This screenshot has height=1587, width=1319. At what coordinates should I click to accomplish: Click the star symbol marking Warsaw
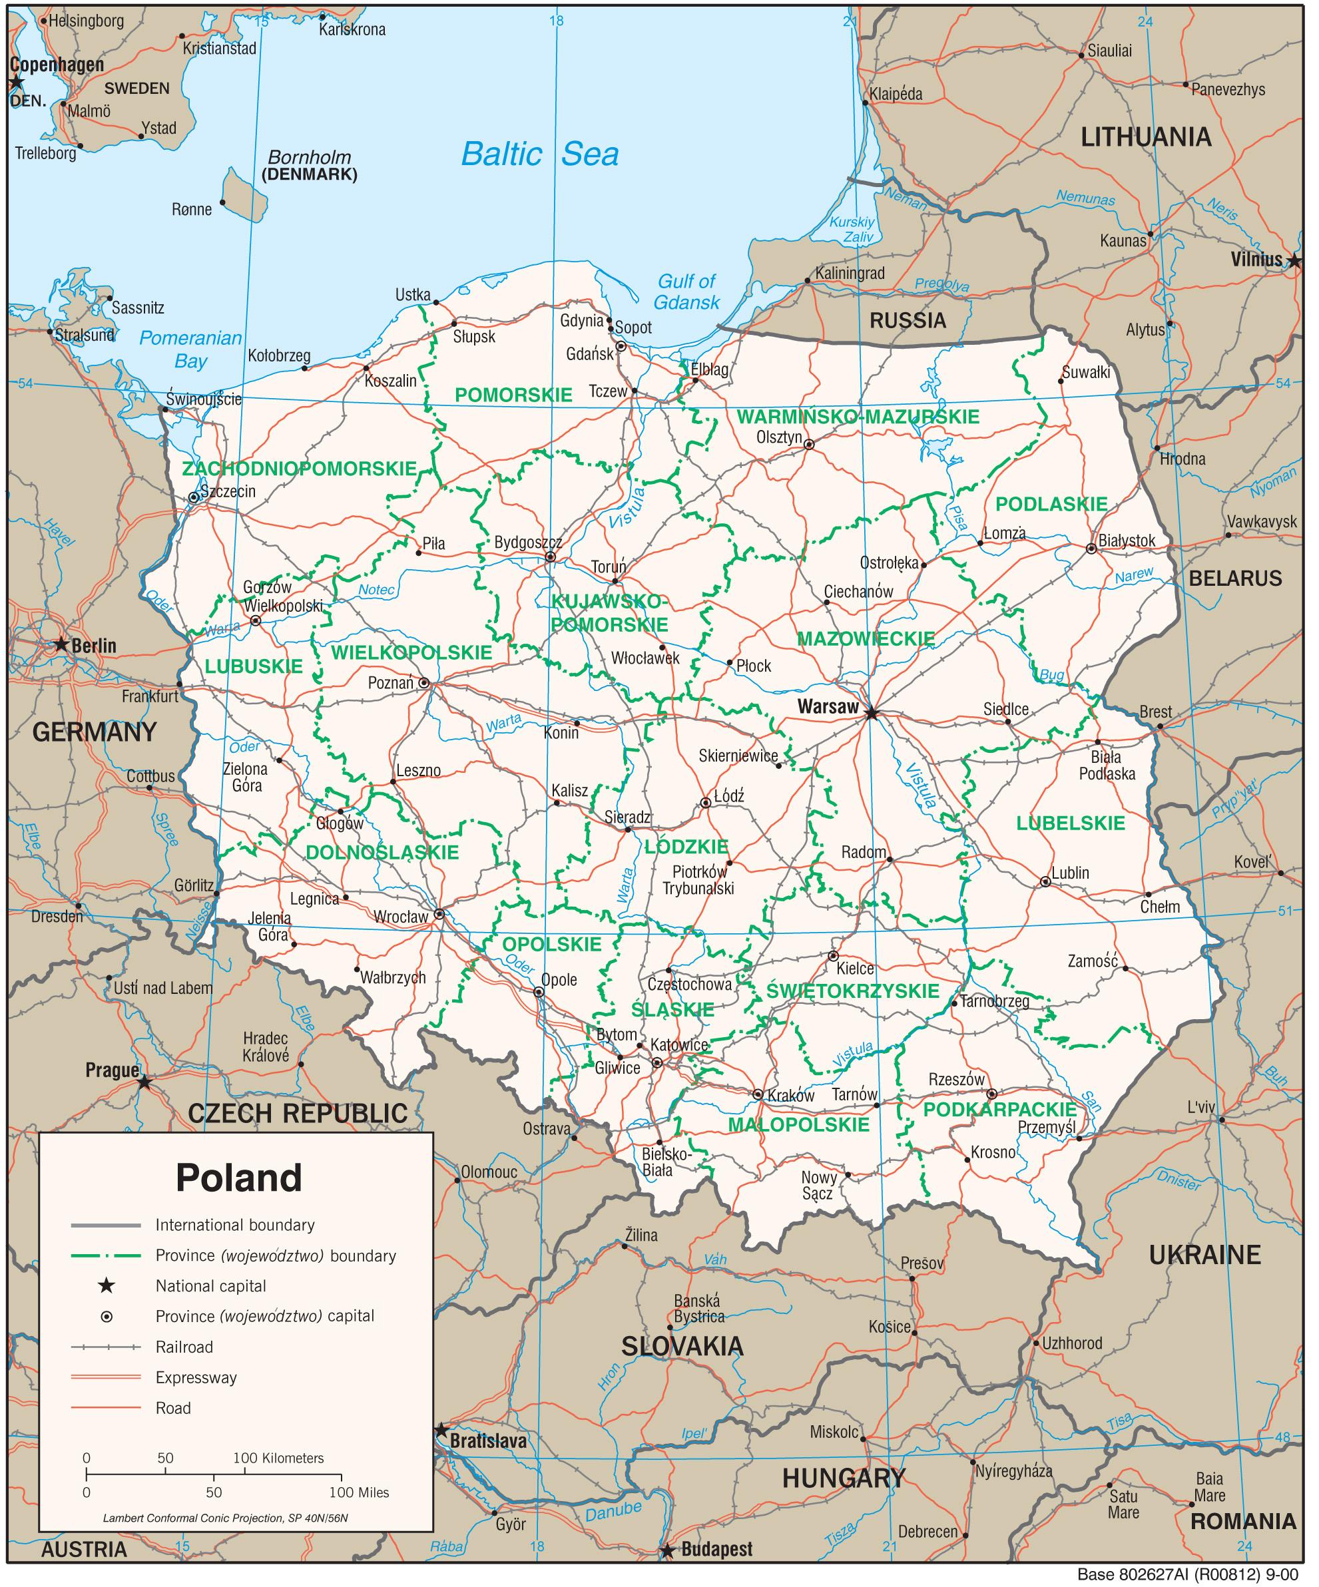coord(872,713)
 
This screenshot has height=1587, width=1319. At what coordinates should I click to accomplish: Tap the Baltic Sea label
coord(540,154)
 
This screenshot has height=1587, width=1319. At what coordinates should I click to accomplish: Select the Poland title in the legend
coord(239,1177)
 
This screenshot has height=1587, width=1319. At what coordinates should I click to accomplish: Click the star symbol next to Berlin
coord(61,644)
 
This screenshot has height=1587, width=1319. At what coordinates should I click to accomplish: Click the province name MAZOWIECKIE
coord(866,638)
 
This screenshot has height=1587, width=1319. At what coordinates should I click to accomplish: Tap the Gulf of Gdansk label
coord(686,292)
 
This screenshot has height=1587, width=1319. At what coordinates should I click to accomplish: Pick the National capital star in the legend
coord(107,1285)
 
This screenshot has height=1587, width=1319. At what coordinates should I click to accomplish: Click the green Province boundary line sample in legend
coord(106,1255)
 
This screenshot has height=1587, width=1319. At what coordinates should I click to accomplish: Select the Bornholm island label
coord(310,158)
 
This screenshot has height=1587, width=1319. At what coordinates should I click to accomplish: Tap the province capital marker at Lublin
coord(1045,881)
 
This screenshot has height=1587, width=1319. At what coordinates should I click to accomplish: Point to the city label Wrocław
coord(401,917)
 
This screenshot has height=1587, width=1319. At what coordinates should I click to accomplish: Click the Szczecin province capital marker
coord(194,497)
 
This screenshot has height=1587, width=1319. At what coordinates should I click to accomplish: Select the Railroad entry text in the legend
coord(184,1347)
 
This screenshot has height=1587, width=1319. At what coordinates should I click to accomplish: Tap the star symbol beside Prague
coord(144,1082)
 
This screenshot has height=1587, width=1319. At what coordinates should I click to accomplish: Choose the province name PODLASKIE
coord(1051,504)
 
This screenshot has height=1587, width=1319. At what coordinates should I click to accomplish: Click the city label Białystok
coord(1127,541)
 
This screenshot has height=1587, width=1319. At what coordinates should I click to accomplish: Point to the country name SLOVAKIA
coord(682,1346)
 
